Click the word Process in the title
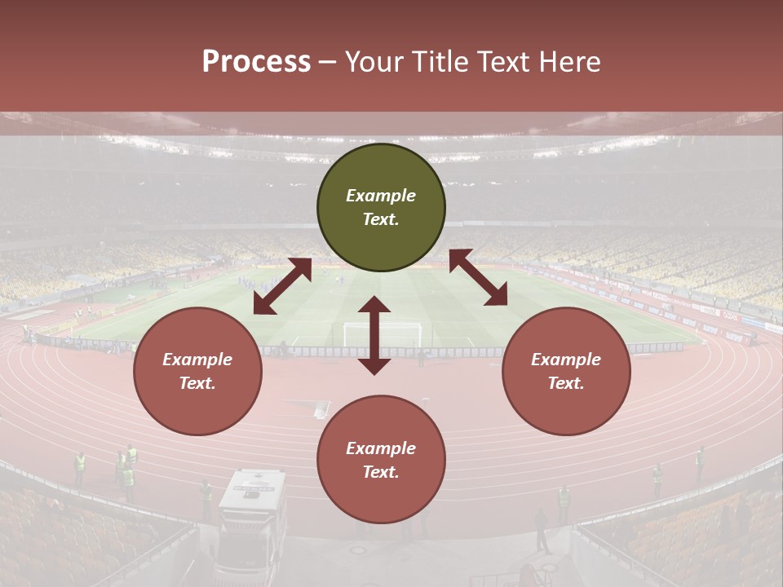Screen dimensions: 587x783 (256, 62)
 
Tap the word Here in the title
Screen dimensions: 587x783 (570, 62)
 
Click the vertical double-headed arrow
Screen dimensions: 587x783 (374, 335)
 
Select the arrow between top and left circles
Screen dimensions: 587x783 (282, 286)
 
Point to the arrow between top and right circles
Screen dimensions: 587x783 (478, 277)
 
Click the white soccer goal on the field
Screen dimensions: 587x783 (383, 333)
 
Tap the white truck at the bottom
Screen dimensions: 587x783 (251, 522)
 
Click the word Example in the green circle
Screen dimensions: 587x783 (381, 196)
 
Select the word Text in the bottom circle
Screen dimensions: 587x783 (380, 472)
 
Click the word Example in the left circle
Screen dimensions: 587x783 (197, 360)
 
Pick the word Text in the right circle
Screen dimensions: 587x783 (565, 383)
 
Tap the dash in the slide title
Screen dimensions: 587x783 (328, 62)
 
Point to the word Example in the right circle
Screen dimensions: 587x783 (566, 360)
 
